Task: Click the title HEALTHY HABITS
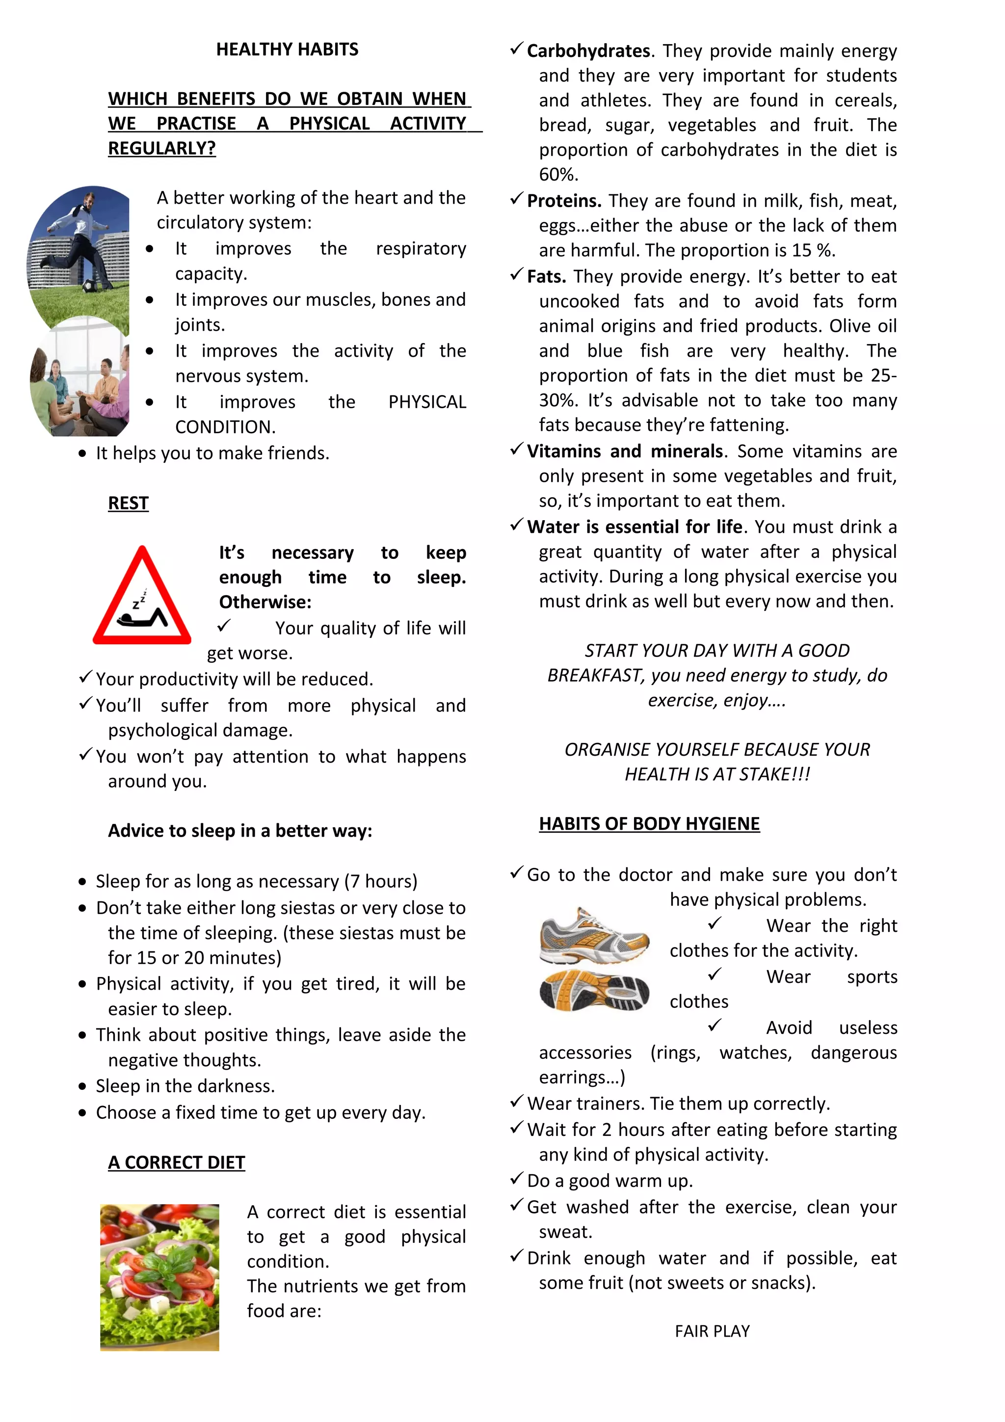pyautogui.click(x=287, y=50)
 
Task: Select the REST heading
pyautogui.click(x=128, y=503)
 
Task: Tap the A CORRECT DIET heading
pyautogui.click(x=177, y=1162)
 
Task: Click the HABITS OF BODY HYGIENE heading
pyautogui.click(x=649, y=824)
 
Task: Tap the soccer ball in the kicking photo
pyautogui.click(x=90, y=286)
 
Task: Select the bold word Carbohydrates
pyautogui.click(x=588, y=51)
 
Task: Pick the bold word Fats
pyautogui.click(x=546, y=276)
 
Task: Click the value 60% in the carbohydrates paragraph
pyautogui.click(x=557, y=175)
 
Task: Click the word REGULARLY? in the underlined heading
pyautogui.click(x=161, y=149)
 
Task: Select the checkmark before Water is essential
pyautogui.click(x=516, y=525)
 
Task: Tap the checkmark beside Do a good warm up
pyautogui.click(x=516, y=1179)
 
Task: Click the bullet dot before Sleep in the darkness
pyautogui.click(x=82, y=1086)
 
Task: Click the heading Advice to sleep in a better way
pyautogui.click(x=240, y=831)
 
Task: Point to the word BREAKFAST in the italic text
pyautogui.click(x=594, y=675)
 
